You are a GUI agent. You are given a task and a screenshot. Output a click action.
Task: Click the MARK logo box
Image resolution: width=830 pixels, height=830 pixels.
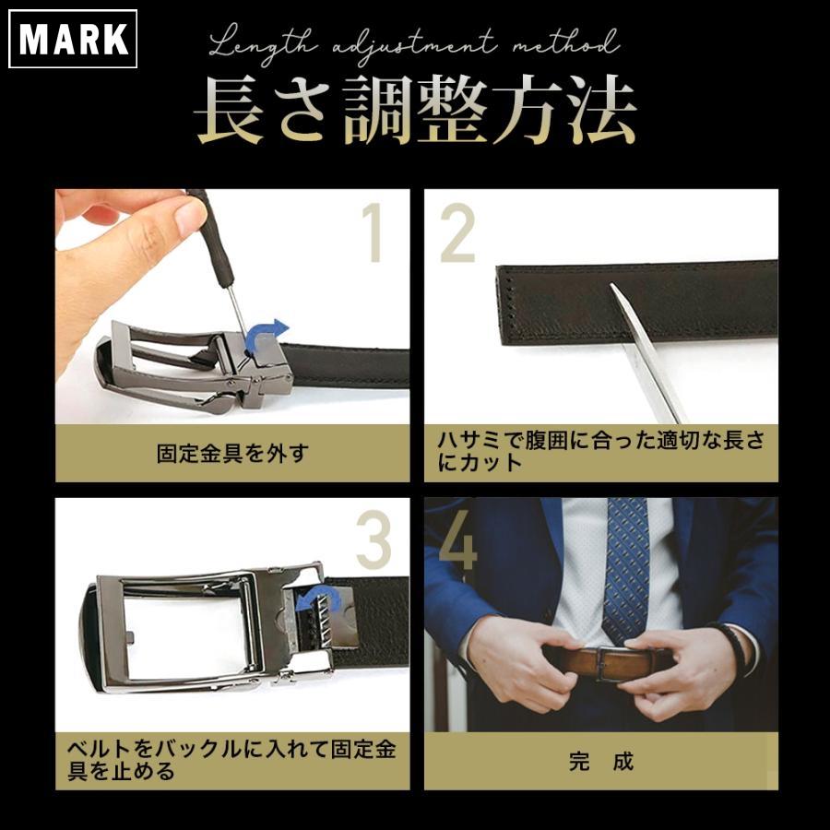[73, 38]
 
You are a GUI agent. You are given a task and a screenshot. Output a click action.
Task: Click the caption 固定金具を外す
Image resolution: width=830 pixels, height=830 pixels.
[231, 453]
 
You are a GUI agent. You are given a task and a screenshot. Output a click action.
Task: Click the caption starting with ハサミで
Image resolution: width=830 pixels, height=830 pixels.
[600, 451]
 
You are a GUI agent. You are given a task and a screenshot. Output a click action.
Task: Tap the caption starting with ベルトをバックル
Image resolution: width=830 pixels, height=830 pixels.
[231, 759]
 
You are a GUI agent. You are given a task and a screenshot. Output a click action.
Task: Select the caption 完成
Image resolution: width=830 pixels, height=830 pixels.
[600, 762]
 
